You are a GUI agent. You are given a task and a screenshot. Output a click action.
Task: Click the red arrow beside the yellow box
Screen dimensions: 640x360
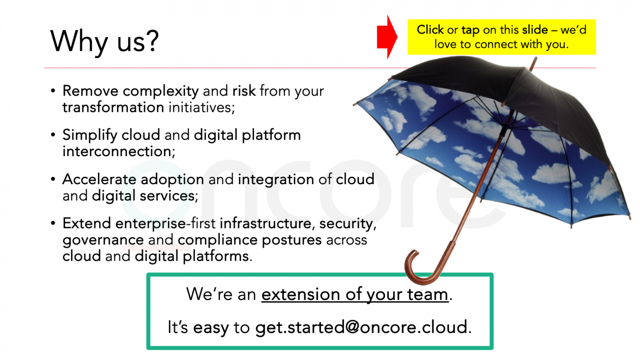[387, 37]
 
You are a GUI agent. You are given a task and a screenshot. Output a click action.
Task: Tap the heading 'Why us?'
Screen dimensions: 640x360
[104, 41]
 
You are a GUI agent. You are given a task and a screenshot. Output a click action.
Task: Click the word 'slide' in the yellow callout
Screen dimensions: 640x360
[535, 30]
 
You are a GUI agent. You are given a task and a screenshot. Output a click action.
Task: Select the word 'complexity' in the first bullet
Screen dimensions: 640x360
[160, 92]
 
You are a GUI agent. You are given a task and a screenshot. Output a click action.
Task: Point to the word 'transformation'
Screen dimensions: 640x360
[113, 107]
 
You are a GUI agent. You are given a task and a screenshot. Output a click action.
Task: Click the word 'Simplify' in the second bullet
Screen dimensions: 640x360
[90, 135]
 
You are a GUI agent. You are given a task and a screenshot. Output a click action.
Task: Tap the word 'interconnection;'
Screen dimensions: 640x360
[119, 151]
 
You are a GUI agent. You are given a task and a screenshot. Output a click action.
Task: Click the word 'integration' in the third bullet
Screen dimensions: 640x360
[276, 180]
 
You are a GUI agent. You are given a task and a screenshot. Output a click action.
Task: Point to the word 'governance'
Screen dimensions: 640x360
[103, 240]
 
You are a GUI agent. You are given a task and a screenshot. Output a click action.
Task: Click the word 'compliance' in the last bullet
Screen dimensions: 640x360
[218, 240]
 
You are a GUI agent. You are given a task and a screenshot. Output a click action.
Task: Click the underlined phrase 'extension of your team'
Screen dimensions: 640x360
[355, 295]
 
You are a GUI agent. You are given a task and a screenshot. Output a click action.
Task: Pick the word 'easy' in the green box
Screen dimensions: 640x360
[211, 327]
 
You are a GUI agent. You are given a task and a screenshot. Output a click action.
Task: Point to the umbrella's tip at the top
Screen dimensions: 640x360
[536, 58]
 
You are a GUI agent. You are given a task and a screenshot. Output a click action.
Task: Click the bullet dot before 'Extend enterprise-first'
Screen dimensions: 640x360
[53, 223]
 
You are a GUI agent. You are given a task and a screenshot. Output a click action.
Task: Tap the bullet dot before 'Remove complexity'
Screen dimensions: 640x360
[53, 91]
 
